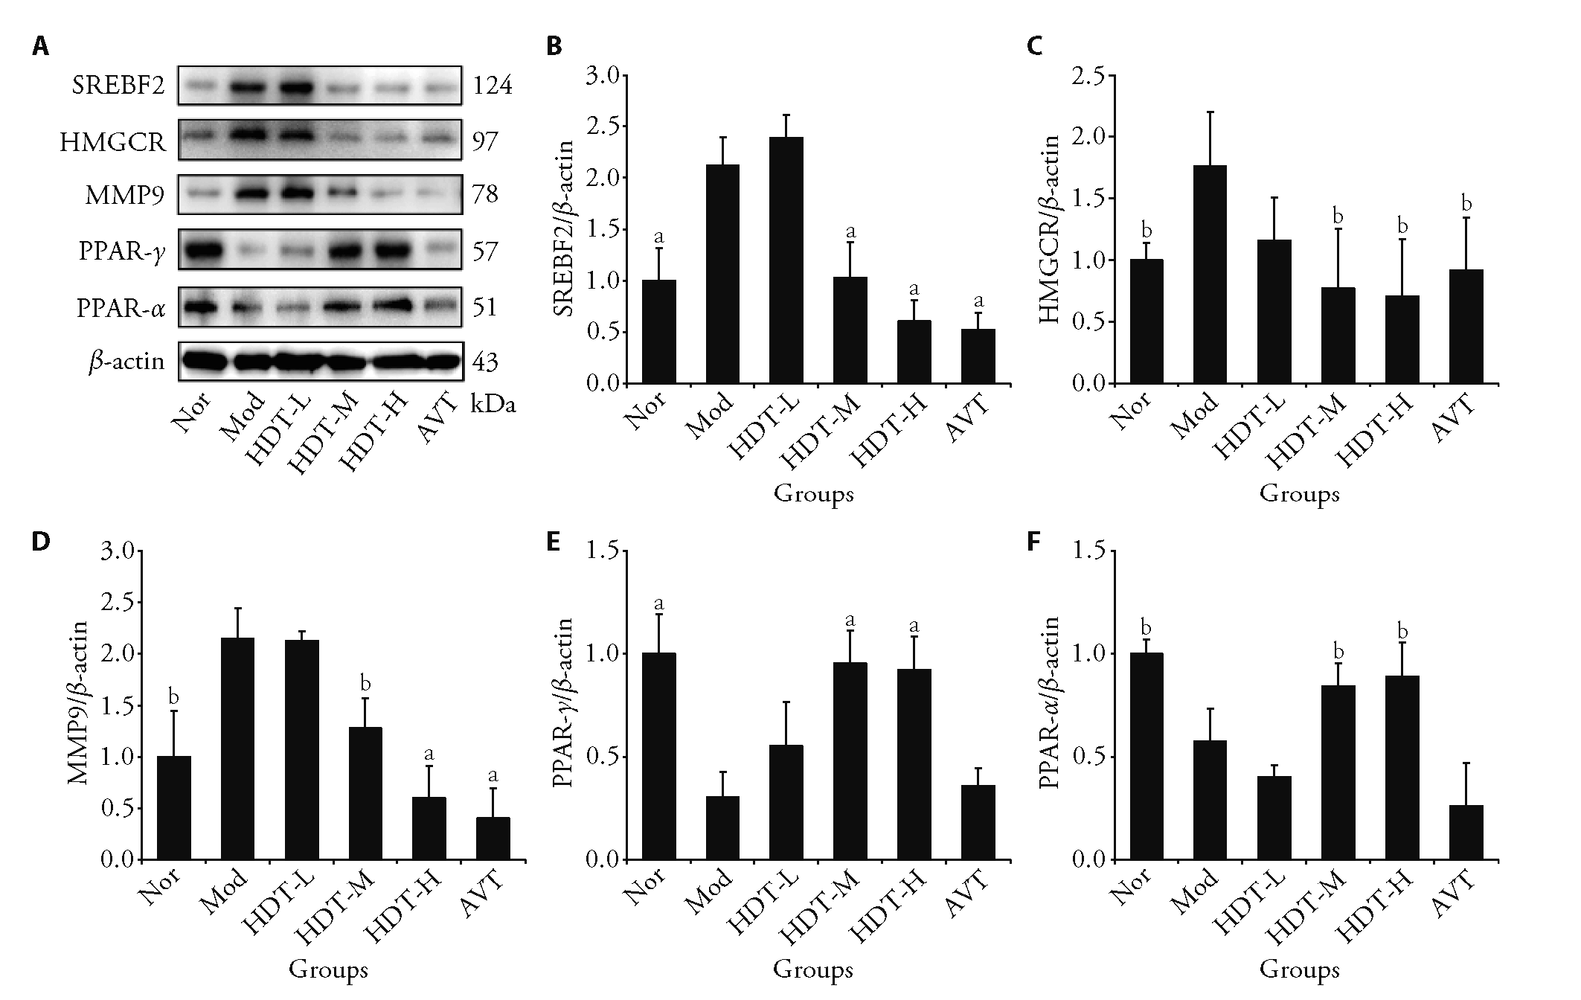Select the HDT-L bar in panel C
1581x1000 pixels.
point(1274,312)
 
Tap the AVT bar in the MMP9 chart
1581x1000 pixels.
point(493,839)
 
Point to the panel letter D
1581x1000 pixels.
point(40,541)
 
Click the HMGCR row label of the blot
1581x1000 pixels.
point(113,141)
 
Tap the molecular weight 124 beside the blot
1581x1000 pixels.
point(492,86)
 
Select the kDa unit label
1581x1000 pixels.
point(493,406)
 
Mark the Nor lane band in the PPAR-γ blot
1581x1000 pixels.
point(201,251)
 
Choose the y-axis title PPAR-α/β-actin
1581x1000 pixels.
point(1051,704)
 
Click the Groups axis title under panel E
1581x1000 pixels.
point(813,969)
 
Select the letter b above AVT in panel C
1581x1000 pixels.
point(1466,204)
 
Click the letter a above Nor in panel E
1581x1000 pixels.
point(659,602)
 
